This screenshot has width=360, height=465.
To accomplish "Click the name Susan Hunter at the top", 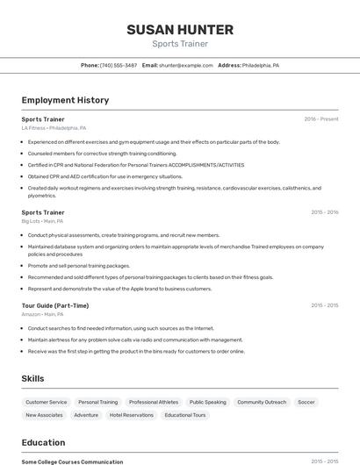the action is (180, 29).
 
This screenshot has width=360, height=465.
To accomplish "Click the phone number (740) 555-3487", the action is (118, 65).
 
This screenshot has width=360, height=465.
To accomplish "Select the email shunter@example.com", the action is (185, 65).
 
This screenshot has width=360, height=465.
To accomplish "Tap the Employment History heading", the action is (65, 100).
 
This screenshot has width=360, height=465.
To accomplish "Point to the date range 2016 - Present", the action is (320, 119).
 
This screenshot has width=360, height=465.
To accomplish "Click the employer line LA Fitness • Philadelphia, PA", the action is (54, 128).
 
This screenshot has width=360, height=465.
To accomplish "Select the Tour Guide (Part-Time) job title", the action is (54, 305).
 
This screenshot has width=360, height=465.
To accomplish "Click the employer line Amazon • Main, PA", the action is (42, 314).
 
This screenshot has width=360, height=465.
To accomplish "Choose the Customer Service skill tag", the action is (46, 402).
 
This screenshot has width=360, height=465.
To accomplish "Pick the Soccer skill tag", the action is (306, 402).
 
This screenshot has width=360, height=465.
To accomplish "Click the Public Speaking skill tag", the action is (207, 402).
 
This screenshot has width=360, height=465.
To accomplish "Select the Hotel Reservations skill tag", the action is (132, 415).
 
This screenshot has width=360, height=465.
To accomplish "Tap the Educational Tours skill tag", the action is (184, 415).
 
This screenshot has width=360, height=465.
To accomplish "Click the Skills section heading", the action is (33, 378).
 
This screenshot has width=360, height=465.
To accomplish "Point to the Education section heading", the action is (43, 442).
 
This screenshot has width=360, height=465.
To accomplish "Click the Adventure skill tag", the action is (86, 415).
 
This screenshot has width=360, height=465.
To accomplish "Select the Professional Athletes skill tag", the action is (153, 402).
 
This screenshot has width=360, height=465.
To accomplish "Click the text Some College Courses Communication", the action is (72, 461).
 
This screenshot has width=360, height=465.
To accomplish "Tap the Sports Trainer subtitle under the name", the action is (180, 43).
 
